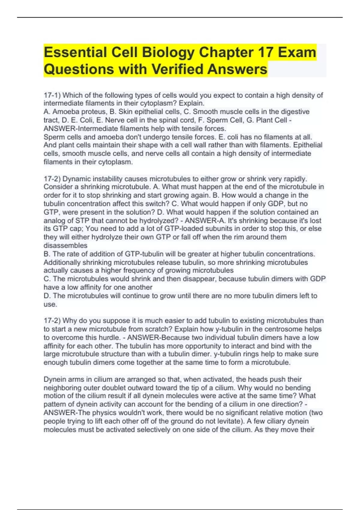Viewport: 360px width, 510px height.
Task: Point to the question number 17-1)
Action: pos(52,95)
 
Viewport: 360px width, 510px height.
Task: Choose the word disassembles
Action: pos(65,246)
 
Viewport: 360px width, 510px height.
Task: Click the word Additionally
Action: pos(62,262)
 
